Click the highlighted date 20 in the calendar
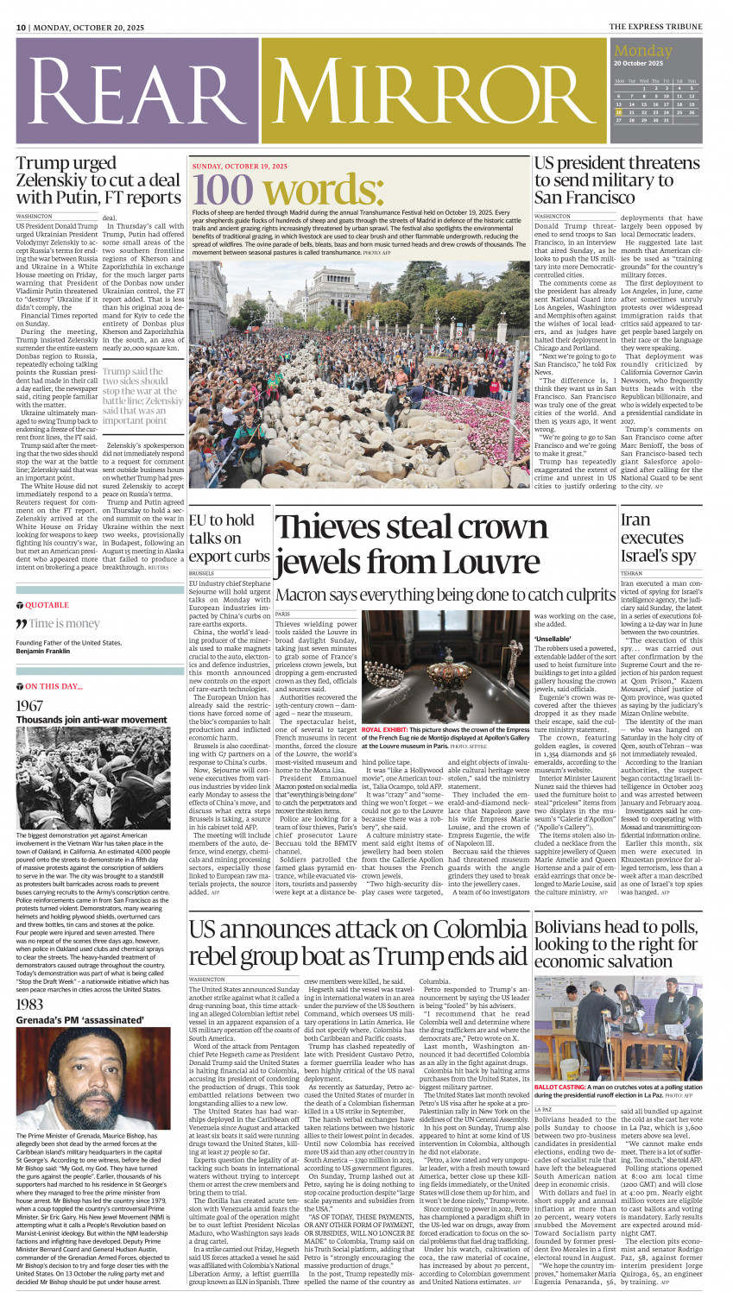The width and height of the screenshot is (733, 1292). [x=618, y=112]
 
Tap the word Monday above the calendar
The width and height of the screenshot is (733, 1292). [x=642, y=51]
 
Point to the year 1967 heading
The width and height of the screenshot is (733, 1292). [x=29, y=705]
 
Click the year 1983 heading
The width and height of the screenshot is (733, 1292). [x=29, y=1005]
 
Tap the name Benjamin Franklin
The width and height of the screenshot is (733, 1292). [x=51, y=651]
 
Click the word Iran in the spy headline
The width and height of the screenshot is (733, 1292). [x=635, y=519]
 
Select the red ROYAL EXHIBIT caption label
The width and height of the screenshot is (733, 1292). [x=386, y=730]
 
